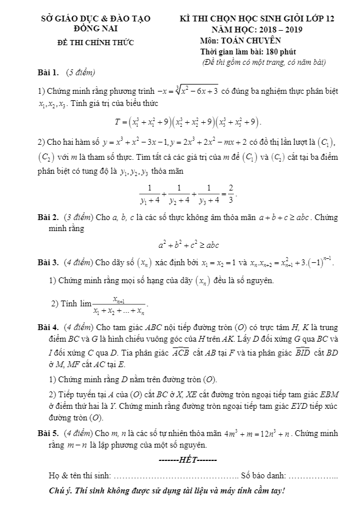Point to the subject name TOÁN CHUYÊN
point(252,41)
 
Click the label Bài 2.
point(48,217)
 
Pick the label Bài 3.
point(48,263)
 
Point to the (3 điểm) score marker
point(79,217)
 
